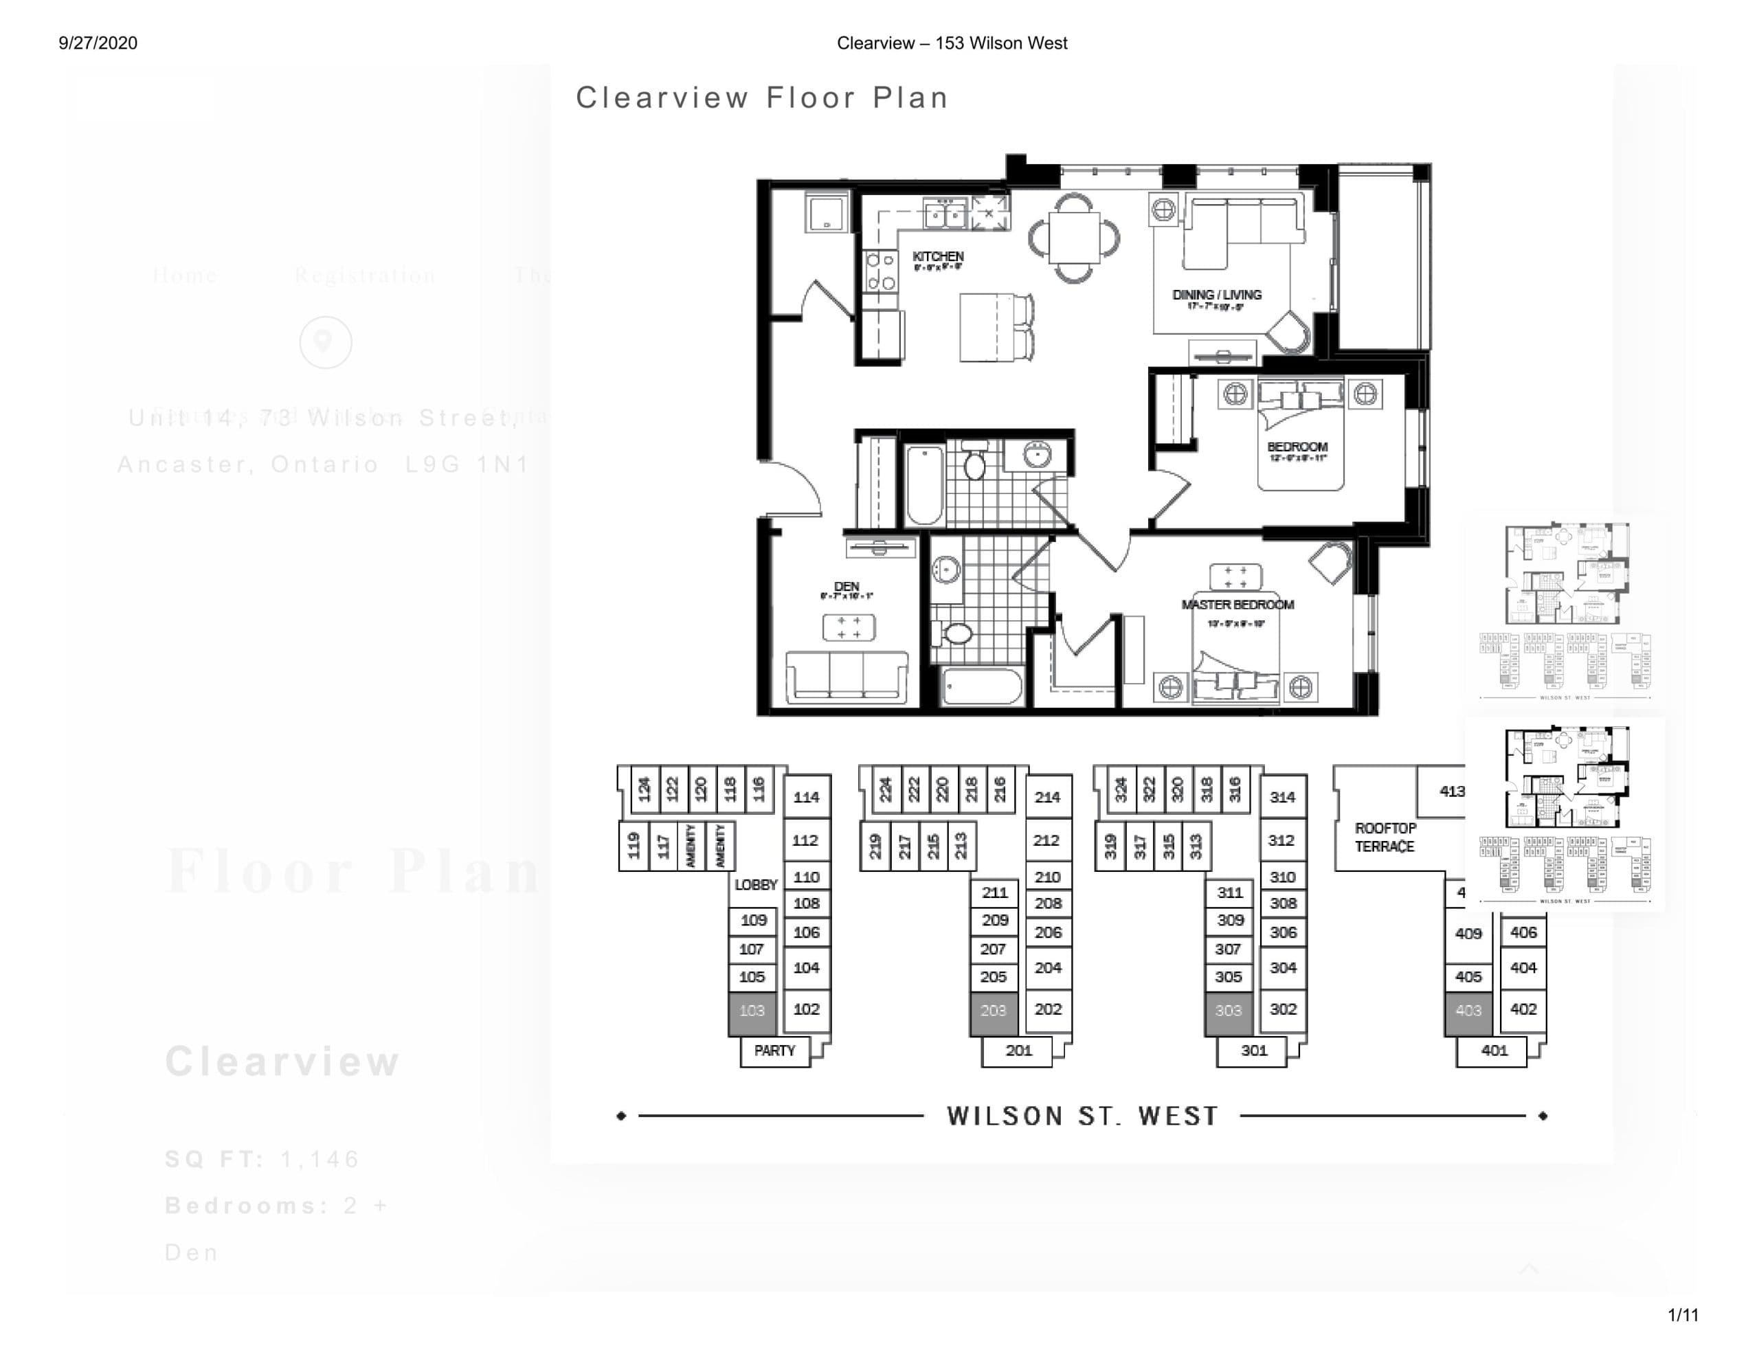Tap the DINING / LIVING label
pos(1216,295)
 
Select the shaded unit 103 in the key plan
pos(752,1011)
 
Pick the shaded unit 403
pos(1468,1011)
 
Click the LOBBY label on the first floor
pos(755,884)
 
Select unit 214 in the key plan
pos(1047,798)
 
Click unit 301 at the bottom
pos(1254,1051)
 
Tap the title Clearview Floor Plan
pos(762,98)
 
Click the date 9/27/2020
pos(98,43)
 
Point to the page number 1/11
pos(1683,1316)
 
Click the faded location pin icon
pos(326,342)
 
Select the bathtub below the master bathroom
pos(982,687)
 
